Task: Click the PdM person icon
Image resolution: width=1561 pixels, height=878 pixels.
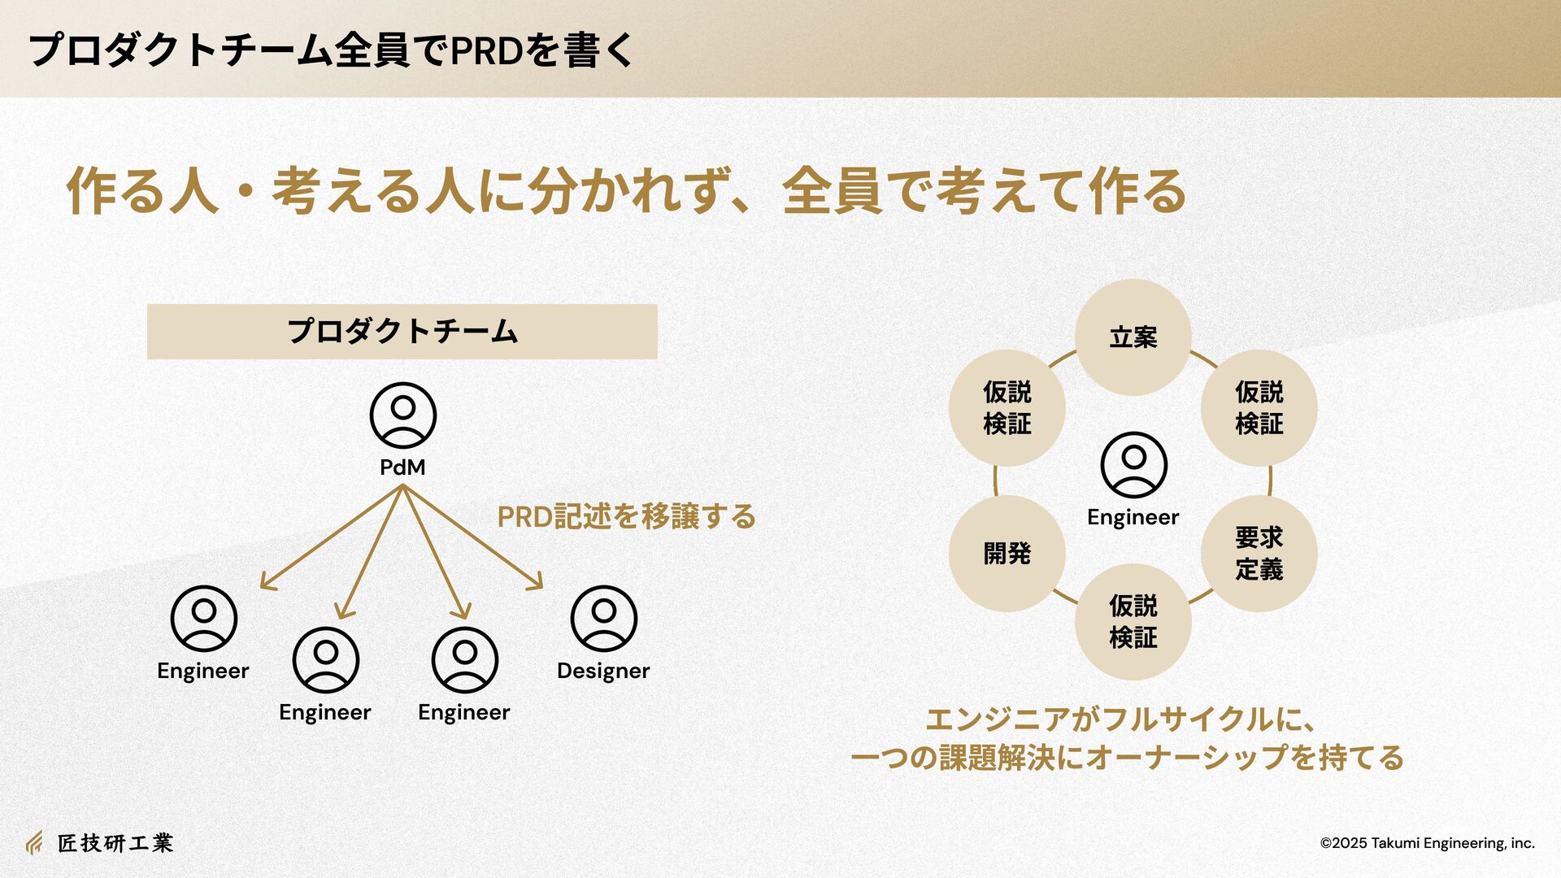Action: (402, 415)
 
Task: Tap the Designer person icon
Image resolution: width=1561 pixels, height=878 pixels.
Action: (603, 619)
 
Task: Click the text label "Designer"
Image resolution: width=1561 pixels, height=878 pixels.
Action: (603, 672)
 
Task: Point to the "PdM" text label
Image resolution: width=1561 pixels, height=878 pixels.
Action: (402, 467)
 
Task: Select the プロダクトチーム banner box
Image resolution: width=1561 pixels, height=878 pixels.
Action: (402, 332)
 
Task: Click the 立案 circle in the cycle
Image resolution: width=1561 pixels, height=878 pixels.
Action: (1133, 337)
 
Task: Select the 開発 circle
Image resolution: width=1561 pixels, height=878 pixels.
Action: (1007, 554)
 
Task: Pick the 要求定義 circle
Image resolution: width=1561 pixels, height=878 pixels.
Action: (1259, 554)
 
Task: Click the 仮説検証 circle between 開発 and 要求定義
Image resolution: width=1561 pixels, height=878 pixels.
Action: (1133, 622)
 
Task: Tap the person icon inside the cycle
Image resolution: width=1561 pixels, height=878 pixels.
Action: (1133, 465)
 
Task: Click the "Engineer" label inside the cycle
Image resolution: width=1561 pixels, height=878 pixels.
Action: (1133, 518)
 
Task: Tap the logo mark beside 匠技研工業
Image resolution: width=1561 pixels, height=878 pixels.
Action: (34, 843)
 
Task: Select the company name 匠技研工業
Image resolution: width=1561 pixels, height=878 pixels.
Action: (115, 843)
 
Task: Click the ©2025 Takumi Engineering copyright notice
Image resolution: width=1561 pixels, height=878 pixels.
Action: (1427, 843)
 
